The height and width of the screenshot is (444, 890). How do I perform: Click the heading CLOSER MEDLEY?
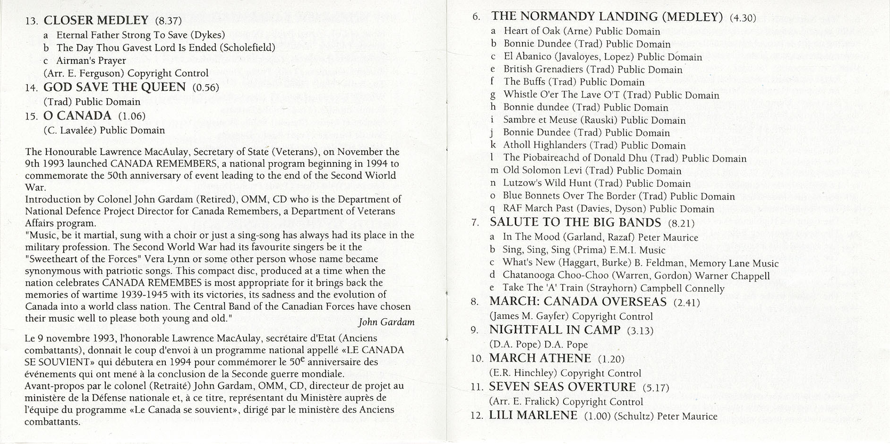pyautogui.click(x=96, y=20)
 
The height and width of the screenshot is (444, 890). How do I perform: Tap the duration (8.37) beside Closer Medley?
pyautogui.click(x=168, y=21)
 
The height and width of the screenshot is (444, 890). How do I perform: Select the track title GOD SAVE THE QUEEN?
pyautogui.click(x=114, y=87)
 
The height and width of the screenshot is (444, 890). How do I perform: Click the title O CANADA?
pyautogui.click(x=77, y=116)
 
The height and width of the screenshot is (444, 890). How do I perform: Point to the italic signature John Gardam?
pyautogui.click(x=386, y=322)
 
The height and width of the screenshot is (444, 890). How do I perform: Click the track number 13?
pyautogui.click(x=31, y=21)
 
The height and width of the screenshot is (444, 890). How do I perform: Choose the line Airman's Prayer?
pyautogui.click(x=91, y=61)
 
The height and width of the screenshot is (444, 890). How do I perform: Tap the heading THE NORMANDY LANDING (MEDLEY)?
pyautogui.click(x=607, y=17)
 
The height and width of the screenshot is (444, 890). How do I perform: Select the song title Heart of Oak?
pyautogui.click(x=532, y=31)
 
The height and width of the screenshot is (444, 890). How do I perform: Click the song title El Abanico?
pyautogui.click(x=527, y=57)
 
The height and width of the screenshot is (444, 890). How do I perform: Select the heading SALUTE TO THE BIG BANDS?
pyautogui.click(x=575, y=223)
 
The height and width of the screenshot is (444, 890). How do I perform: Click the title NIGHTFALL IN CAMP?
pyautogui.click(x=555, y=330)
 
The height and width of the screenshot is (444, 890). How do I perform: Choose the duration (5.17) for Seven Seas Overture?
pyautogui.click(x=656, y=388)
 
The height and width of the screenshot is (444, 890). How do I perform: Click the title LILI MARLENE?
pyautogui.click(x=533, y=416)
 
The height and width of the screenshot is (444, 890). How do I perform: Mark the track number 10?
pyautogui.click(x=477, y=359)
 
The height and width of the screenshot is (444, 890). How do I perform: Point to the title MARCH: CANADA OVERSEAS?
pyautogui.click(x=578, y=302)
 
